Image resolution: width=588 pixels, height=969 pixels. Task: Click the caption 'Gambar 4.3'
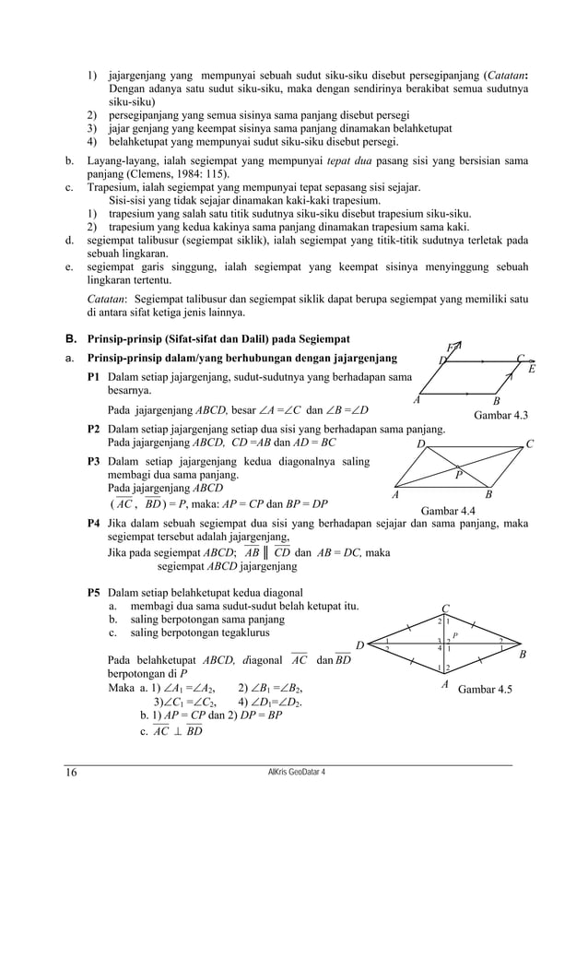click(x=500, y=416)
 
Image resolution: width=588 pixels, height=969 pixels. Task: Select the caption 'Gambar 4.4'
click(x=448, y=510)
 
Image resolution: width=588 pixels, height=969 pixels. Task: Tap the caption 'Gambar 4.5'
click(x=486, y=689)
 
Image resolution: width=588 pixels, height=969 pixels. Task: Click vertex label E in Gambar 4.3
click(x=531, y=370)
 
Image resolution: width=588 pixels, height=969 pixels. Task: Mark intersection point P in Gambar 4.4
click(x=459, y=476)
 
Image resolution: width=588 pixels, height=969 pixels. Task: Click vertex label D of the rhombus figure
click(x=360, y=644)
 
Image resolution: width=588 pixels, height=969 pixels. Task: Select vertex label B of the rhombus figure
click(x=523, y=655)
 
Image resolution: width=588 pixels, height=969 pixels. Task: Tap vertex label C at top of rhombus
click(x=445, y=609)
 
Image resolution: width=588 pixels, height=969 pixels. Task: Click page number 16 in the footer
click(x=71, y=773)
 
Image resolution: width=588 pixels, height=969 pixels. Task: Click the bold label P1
click(x=94, y=377)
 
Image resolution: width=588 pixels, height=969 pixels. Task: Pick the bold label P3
click(x=94, y=461)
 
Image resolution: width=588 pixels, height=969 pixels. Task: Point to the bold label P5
click(x=94, y=592)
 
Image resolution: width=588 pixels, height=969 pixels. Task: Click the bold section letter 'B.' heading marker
click(x=70, y=339)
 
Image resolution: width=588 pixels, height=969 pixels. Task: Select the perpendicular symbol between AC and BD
click(x=174, y=731)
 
